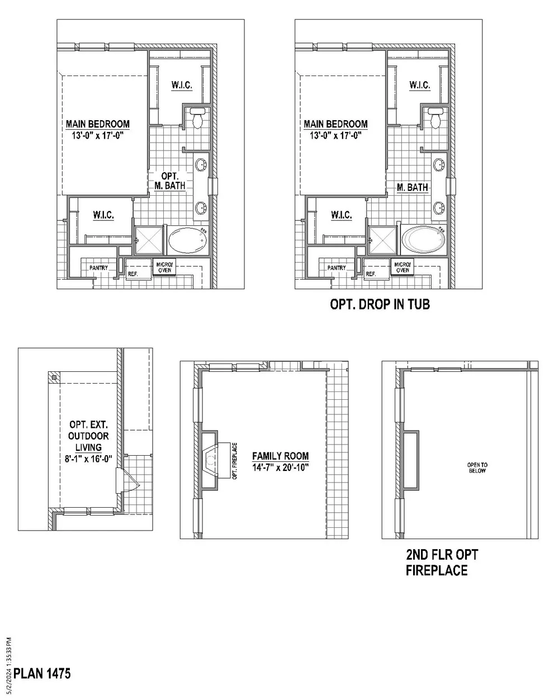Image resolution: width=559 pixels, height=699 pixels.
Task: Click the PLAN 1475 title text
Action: coord(42,674)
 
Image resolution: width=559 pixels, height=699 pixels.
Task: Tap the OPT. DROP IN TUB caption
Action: coord(380,304)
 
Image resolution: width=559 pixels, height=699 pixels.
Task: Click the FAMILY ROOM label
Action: coord(280,456)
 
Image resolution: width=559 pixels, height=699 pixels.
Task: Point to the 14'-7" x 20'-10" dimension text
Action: coord(280,467)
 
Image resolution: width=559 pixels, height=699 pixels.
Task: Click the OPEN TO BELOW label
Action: coord(477,467)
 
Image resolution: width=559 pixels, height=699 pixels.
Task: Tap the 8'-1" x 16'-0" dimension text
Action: coord(88,459)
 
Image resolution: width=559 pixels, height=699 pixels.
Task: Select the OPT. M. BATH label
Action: coord(170,181)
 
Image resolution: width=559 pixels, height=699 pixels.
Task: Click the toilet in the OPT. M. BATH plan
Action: coord(197,118)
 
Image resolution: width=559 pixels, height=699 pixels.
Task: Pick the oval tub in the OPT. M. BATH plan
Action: coord(188,240)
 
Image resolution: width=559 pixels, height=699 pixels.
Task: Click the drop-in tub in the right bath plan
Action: coord(423,240)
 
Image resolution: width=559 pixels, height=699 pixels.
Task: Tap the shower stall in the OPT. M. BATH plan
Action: coord(149,240)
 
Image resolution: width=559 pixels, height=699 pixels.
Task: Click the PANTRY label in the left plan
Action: coord(99,268)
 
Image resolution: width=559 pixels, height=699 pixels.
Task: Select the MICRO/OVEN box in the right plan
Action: coord(402,267)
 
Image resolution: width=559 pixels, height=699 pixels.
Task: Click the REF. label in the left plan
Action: coord(133,274)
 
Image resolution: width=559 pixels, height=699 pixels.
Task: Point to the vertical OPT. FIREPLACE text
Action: coord(235,461)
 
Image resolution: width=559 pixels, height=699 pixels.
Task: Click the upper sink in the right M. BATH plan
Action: coord(439,164)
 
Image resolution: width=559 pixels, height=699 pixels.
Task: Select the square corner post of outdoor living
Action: coord(54,377)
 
